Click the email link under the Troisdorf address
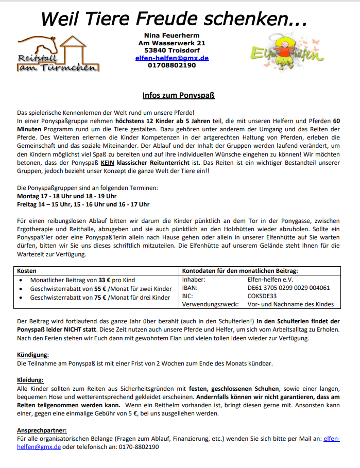click(172, 58)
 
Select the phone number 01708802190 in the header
click(172, 65)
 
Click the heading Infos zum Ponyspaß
click(178, 95)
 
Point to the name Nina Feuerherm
click(172, 34)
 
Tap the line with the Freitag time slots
click(83, 204)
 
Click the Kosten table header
click(27, 270)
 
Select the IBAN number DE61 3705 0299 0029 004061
click(288, 288)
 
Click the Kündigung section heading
click(33, 355)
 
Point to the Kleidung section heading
click(32, 379)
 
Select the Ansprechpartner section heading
click(42, 430)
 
